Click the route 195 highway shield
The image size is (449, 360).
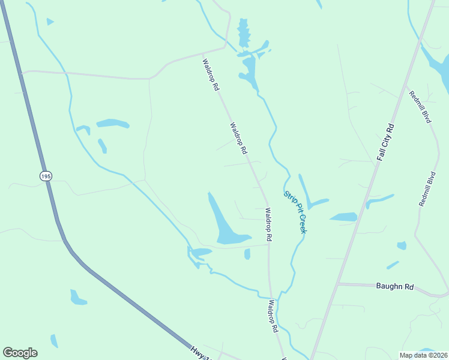(46, 176)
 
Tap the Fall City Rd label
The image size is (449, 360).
(385, 142)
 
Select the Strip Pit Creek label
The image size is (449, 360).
(295, 212)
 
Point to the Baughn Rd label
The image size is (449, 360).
(394, 287)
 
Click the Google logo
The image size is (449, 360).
(20, 352)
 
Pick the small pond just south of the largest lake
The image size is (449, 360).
(247, 254)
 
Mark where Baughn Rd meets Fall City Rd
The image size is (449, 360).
(338, 284)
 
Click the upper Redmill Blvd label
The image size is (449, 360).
(420, 106)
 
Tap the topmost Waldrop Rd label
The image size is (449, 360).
(210, 74)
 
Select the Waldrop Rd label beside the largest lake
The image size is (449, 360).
(268, 225)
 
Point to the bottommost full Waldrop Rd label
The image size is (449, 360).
(273, 316)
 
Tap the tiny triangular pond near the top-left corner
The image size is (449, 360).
(50, 22)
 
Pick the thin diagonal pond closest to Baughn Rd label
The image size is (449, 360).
(393, 265)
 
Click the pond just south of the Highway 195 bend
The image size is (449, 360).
(77, 297)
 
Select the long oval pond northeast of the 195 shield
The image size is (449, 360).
(113, 124)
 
